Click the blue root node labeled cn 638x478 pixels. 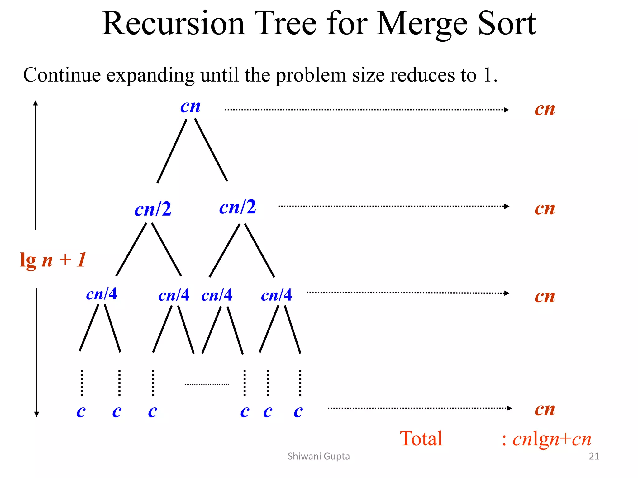tap(190, 107)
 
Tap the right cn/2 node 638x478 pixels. tap(237, 207)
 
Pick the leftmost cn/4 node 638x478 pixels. tap(102, 294)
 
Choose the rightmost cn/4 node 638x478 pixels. tap(276, 295)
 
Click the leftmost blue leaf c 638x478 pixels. tap(81, 412)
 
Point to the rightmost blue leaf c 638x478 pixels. tap(298, 412)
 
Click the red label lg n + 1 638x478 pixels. tap(53, 260)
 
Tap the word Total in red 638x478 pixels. tap(421, 439)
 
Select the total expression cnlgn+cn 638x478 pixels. tap(552, 439)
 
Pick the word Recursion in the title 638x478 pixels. tap(173, 24)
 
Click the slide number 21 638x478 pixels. tap(594, 456)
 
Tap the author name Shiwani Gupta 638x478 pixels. tap(319, 456)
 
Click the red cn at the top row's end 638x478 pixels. tap(545, 110)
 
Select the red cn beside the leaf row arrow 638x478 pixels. tap(545, 410)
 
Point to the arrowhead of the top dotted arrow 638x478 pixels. tap(507, 110)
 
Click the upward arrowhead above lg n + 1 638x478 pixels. tap(36, 103)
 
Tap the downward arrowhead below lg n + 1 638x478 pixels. tap(36, 414)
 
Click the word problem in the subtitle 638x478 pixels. tap(311, 75)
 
